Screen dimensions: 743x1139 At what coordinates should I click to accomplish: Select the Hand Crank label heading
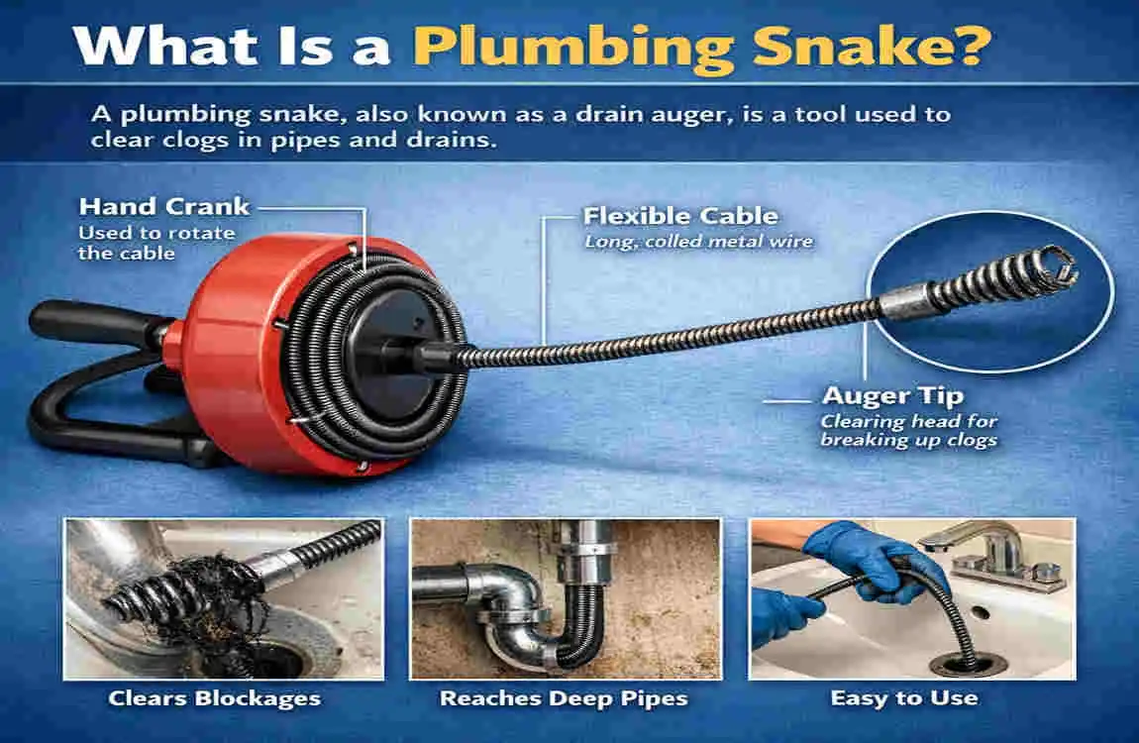coord(164,207)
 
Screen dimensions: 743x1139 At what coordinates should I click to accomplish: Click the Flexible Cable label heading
coord(680,216)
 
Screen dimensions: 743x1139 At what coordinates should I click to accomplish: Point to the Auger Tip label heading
coord(891,396)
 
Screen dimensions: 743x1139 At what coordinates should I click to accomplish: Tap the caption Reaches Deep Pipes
coord(564,698)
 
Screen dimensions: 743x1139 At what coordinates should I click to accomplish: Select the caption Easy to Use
coord(903,698)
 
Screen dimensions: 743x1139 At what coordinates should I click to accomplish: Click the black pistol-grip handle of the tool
coord(89,323)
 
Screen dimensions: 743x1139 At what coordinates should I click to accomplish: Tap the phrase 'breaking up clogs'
coord(908,439)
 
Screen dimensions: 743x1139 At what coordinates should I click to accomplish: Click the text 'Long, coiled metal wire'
coord(698,241)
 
